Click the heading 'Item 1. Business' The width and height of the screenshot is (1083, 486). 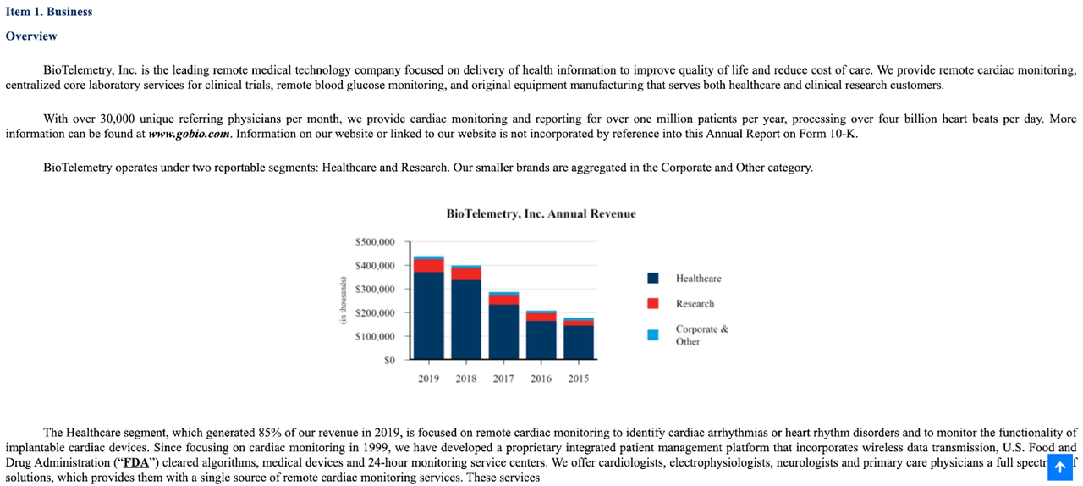coord(49,12)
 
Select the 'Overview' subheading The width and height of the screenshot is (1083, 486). coord(31,36)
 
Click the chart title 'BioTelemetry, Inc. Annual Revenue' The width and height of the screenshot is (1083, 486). coord(541,214)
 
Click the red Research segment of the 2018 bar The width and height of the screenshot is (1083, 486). coord(466,273)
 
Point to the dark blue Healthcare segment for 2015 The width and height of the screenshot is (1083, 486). coord(578,342)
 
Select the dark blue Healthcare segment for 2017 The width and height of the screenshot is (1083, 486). coord(503,331)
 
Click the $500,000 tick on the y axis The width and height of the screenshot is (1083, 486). coord(375,242)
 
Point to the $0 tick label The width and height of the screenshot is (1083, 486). coord(389,361)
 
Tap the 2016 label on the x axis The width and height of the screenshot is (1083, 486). coord(541,378)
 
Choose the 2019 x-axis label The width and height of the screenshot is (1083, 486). coord(428,378)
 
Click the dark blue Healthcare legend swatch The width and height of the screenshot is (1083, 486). coord(653,279)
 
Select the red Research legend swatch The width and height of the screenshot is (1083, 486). coord(653,304)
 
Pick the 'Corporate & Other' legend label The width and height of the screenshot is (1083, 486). coord(701,335)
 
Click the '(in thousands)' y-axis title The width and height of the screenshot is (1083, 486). coord(344,301)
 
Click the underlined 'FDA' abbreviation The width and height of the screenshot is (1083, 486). coord(135,462)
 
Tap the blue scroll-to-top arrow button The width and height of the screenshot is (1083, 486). coord(1059,467)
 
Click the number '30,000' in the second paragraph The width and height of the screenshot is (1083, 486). coord(116,119)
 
